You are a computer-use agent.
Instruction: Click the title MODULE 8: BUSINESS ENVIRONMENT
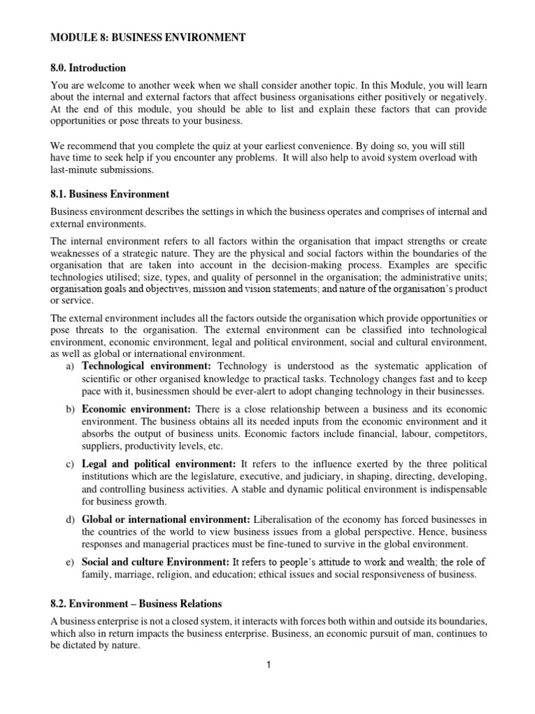click(148, 38)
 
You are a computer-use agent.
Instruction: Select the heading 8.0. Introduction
click(88, 68)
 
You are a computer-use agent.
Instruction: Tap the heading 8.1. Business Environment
click(110, 194)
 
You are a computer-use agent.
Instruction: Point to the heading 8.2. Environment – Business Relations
click(144, 603)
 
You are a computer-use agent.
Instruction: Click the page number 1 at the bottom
click(268, 666)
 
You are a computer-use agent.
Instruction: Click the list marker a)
click(70, 365)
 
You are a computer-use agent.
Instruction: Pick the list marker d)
click(70, 519)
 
